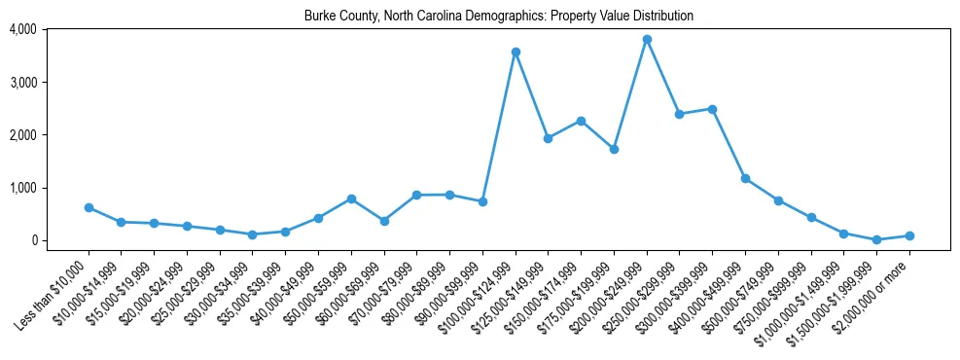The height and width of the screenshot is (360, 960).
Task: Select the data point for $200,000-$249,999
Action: click(x=647, y=39)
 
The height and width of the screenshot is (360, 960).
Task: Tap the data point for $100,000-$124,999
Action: click(x=516, y=52)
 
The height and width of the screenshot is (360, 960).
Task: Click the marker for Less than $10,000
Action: click(x=89, y=207)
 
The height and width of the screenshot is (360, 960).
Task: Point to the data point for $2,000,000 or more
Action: click(x=909, y=235)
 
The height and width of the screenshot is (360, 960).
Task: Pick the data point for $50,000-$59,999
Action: click(x=351, y=198)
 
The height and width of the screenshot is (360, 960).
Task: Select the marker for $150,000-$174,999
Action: click(x=581, y=121)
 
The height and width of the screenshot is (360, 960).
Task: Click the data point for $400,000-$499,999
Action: click(x=745, y=178)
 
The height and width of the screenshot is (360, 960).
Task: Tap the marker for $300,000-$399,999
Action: click(x=712, y=109)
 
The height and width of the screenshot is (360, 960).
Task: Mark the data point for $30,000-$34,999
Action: click(x=253, y=234)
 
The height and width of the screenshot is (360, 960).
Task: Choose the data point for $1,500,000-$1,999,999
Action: click(x=876, y=239)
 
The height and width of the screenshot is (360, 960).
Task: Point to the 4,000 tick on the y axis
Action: click(x=22, y=29)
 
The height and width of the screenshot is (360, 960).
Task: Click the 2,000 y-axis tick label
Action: click(x=22, y=135)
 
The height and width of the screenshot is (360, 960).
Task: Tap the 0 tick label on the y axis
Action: click(x=32, y=240)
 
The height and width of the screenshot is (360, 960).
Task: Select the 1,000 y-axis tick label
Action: click(x=22, y=188)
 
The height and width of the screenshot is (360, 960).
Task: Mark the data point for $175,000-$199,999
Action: click(x=614, y=149)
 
